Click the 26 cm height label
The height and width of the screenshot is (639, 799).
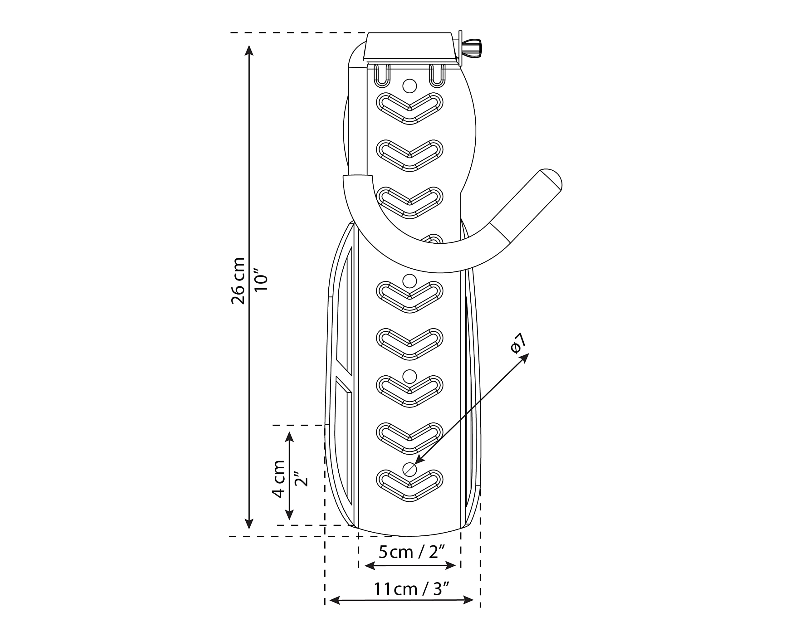coord(238,280)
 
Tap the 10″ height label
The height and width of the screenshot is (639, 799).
coord(261,283)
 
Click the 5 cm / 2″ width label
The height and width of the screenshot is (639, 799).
coord(411,552)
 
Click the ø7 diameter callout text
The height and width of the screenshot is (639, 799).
coord(518,344)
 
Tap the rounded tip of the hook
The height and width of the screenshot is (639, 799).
coord(551,180)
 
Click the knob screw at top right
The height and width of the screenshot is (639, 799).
coord(472,48)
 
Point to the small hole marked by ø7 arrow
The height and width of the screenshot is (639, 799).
coord(409,469)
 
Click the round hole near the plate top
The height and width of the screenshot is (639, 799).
coord(409,86)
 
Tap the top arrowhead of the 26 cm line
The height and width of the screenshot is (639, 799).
coord(249,50)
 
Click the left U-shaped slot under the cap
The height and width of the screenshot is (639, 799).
coord(382,76)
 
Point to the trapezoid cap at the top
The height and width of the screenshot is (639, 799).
coord(409,46)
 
